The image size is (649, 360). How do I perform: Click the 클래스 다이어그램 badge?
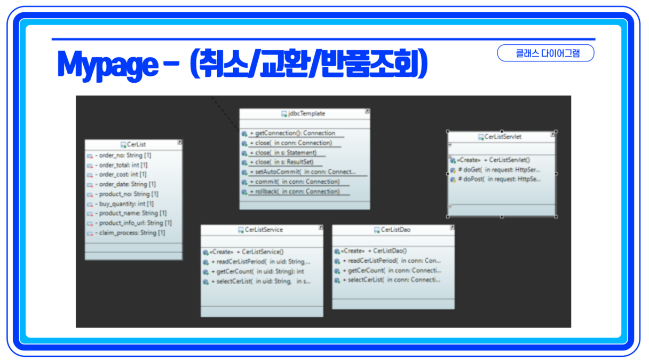coord(545,53)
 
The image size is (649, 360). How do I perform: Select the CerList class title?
coord(136,144)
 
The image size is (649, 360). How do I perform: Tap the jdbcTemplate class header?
coord(306,114)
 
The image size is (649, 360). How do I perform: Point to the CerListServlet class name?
coord(503,137)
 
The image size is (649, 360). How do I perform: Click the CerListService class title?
coord(264,230)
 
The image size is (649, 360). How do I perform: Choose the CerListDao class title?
coord(395,230)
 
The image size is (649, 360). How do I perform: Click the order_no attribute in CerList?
coord(123,155)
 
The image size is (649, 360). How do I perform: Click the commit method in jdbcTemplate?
coord(294,182)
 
